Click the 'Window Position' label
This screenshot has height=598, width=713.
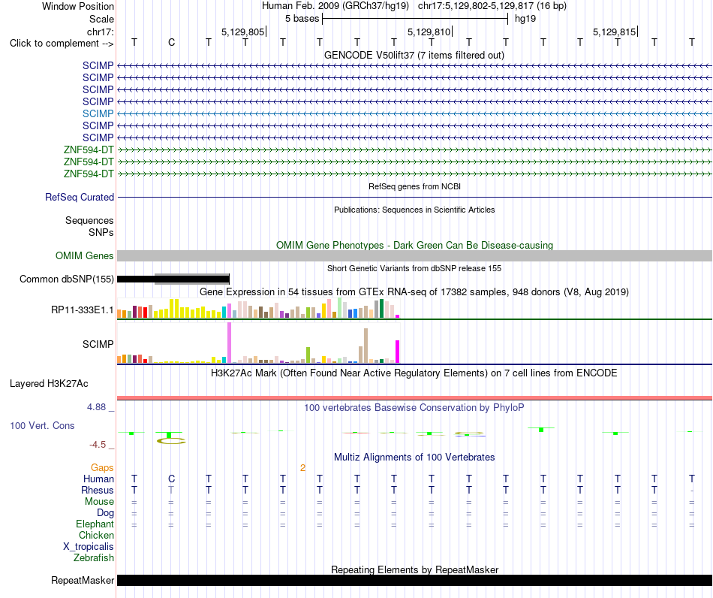(78, 6)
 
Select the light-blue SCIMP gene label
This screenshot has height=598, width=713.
(98, 113)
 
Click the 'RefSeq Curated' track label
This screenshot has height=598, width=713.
(79, 197)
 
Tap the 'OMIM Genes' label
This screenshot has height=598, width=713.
(84, 255)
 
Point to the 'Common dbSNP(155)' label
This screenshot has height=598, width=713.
(66, 279)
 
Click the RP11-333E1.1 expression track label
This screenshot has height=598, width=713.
(82, 310)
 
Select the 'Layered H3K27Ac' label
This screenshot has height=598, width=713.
(49, 384)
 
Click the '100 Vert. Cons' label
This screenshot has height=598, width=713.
(42, 425)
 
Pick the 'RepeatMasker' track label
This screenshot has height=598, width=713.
(83, 580)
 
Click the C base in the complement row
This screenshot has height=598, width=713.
(171, 42)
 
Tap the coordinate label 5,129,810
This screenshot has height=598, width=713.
(429, 32)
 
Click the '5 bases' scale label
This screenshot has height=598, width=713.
(302, 19)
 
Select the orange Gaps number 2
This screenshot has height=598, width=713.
(303, 467)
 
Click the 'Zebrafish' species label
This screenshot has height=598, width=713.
(93, 557)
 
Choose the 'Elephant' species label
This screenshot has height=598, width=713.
(95, 524)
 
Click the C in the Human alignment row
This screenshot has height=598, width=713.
(171, 479)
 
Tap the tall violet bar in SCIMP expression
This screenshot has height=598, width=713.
(229, 343)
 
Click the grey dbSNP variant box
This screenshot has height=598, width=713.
(192, 279)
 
